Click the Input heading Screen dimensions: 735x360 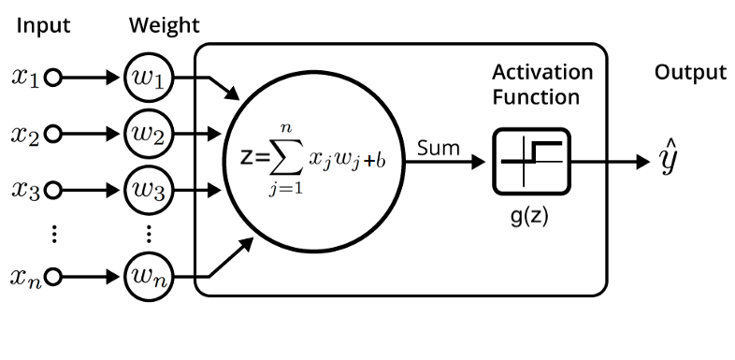click(43, 26)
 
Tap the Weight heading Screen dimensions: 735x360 click(165, 26)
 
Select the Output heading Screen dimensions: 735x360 click(690, 73)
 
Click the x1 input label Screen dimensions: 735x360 click(26, 78)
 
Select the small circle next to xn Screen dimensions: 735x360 click(54, 277)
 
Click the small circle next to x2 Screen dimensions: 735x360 click(54, 134)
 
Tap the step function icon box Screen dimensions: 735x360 click(531, 162)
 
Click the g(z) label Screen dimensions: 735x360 click(528, 218)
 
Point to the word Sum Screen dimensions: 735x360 click(439, 149)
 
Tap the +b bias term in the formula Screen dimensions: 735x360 click(375, 162)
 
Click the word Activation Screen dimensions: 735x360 click(542, 73)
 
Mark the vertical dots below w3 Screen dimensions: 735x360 click(149, 234)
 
